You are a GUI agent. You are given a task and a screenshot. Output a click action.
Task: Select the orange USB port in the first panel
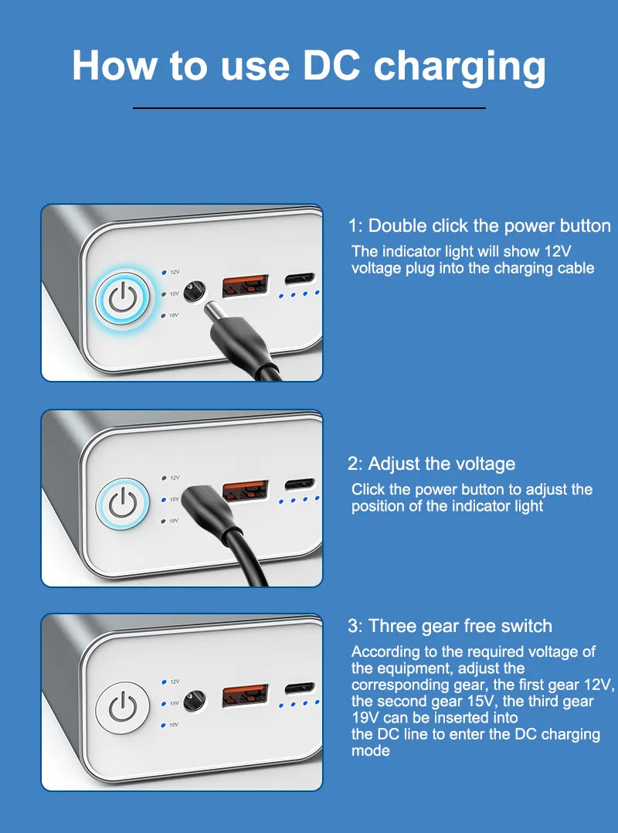246,286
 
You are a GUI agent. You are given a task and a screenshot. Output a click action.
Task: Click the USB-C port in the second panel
300,484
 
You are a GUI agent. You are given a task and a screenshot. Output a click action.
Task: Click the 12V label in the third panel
175,682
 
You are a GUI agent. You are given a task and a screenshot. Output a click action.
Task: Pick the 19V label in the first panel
175,315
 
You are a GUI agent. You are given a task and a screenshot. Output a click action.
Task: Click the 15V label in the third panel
175,703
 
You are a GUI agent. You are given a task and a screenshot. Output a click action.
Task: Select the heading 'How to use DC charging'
308,66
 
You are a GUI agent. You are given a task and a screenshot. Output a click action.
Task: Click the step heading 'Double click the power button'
479,226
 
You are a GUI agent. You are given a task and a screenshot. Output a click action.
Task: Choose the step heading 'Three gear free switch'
450,626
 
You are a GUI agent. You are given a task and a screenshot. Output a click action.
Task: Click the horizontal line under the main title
309,108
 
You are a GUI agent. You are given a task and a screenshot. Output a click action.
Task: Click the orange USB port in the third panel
246,695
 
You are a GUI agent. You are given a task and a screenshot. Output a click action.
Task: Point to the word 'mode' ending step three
371,750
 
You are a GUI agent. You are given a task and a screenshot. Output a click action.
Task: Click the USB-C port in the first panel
300,278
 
